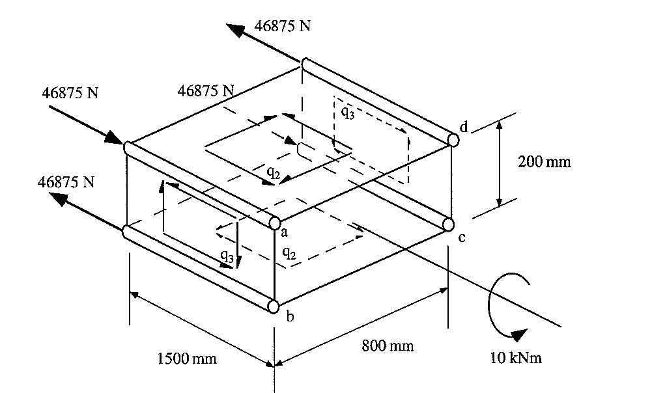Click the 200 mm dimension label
click(545, 161)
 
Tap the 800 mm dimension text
click(388, 346)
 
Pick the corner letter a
click(285, 230)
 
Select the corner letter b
click(290, 317)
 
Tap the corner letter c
click(461, 237)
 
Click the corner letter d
click(464, 127)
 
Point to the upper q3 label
click(348, 111)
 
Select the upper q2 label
click(274, 172)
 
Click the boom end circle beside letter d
click(453, 139)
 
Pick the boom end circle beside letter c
click(448, 224)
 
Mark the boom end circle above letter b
click(274, 306)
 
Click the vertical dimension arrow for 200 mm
click(500, 163)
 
